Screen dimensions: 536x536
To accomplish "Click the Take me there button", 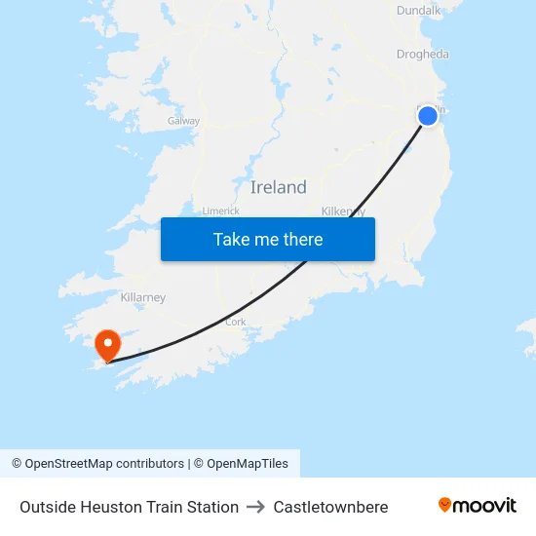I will click(268, 239).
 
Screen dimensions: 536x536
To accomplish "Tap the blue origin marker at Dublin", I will click(428, 116).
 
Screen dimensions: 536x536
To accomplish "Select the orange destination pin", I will click(106, 344).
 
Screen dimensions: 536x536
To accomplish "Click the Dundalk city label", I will click(419, 10).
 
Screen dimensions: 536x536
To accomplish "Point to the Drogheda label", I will click(423, 55).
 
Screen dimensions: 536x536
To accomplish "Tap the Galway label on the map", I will click(183, 121).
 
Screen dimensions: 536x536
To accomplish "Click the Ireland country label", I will click(278, 187).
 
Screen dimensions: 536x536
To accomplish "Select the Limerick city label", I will click(220, 211).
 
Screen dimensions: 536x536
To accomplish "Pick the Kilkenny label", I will click(343, 211).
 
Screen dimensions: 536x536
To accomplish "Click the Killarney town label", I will click(142, 297).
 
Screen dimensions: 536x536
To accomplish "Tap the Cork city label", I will click(236, 321).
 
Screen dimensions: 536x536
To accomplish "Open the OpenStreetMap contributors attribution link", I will click(104, 464).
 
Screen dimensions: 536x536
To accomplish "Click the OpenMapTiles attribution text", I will click(248, 464).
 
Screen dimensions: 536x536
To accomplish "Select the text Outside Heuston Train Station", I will click(129, 507).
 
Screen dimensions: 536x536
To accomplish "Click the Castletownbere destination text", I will click(330, 507).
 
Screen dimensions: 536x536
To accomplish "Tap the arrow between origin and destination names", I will click(255, 507).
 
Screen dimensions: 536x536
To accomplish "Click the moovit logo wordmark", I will click(485, 505).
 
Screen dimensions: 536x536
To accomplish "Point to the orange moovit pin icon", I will click(445, 505).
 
